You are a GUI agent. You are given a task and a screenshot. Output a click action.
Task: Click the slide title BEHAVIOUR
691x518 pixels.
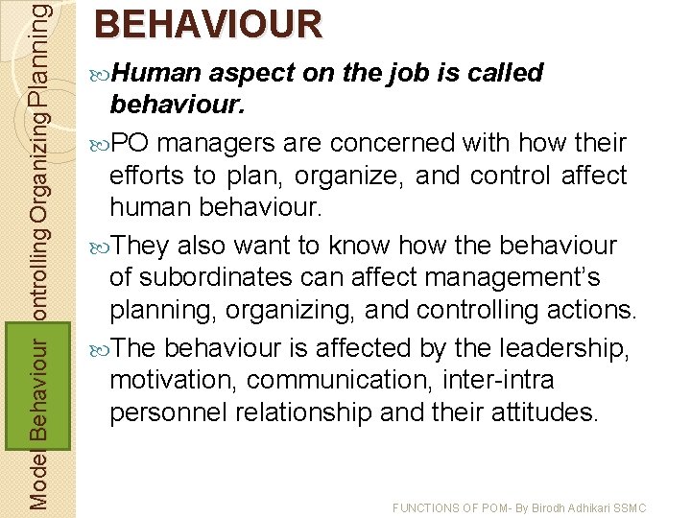(x=208, y=25)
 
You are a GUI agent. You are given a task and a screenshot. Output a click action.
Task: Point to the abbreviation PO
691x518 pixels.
(x=131, y=144)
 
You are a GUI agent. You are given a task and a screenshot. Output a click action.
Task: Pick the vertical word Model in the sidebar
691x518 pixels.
(x=37, y=480)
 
